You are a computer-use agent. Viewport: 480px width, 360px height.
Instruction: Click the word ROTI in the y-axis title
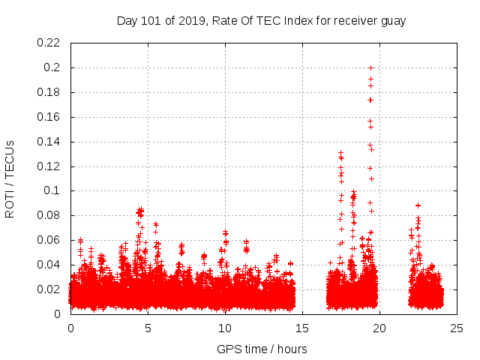[10, 204]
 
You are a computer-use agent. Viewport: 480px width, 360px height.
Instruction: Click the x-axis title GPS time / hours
[262, 349]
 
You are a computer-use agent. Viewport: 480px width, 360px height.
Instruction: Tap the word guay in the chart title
[391, 21]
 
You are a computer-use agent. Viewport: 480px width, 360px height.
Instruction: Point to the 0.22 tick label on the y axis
[49, 43]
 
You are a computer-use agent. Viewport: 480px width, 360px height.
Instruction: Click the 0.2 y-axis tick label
[54, 67]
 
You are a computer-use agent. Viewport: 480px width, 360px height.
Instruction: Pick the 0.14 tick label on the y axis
[49, 141]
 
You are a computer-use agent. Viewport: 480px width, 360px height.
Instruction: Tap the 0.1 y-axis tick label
[54, 190]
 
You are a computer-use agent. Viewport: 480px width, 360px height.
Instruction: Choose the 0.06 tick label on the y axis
[49, 240]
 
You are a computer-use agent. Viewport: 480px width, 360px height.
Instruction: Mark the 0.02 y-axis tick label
[49, 289]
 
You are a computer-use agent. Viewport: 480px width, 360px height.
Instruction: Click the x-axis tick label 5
[148, 328]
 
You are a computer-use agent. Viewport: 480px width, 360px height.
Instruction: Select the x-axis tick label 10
[225, 328]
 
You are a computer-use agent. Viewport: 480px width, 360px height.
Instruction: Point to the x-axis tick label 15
[302, 328]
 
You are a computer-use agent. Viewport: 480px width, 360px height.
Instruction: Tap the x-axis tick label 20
[379, 328]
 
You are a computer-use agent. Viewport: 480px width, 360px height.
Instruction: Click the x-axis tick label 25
[457, 328]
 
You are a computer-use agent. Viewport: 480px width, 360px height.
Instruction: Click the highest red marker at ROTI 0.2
[370, 68]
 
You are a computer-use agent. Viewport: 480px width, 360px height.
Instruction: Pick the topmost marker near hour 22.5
[418, 205]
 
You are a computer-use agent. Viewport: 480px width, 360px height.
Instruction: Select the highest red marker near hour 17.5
[340, 153]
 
